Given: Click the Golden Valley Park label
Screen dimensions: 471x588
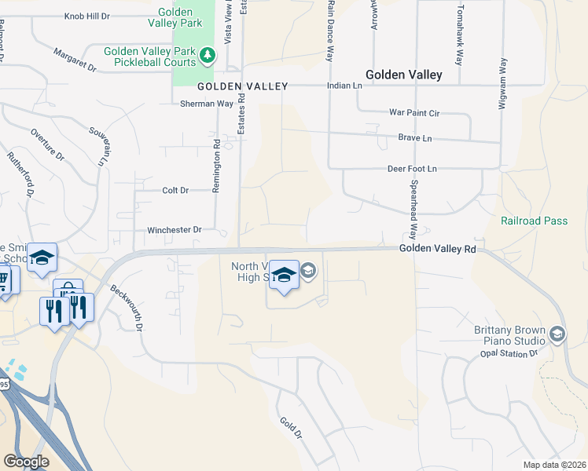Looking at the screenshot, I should pyautogui.click(x=180, y=18).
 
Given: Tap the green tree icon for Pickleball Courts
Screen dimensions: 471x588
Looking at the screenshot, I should pyautogui.click(x=208, y=55).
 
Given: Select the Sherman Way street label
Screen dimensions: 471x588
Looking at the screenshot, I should pyautogui.click(x=207, y=104).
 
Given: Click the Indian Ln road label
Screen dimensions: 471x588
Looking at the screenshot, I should pyautogui.click(x=345, y=86).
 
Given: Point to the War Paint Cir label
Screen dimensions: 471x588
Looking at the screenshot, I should pyautogui.click(x=414, y=112).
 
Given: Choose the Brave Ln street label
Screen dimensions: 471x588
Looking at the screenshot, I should pyautogui.click(x=415, y=138).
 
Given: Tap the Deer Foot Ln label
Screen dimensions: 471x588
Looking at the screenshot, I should pyautogui.click(x=411, y=169).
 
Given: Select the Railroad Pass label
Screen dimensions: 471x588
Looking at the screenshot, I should pyautogui.click(x=534, y=221).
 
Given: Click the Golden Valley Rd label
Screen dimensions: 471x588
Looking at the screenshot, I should pyautogui.click(x=437, y=249).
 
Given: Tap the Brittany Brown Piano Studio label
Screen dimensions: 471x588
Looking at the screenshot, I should pyautogui.click(x=509, y=336).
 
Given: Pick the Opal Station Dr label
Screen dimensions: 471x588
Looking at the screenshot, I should pyautogui.click(x=508, y=354).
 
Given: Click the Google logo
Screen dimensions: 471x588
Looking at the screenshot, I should pyautogui.click(x=26, y=461).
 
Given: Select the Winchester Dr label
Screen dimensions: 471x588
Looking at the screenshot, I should pyautogui.click(x=175, y=230).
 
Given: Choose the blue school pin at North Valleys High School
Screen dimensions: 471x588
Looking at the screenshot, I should pyautogui.click(x=284, y=275).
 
